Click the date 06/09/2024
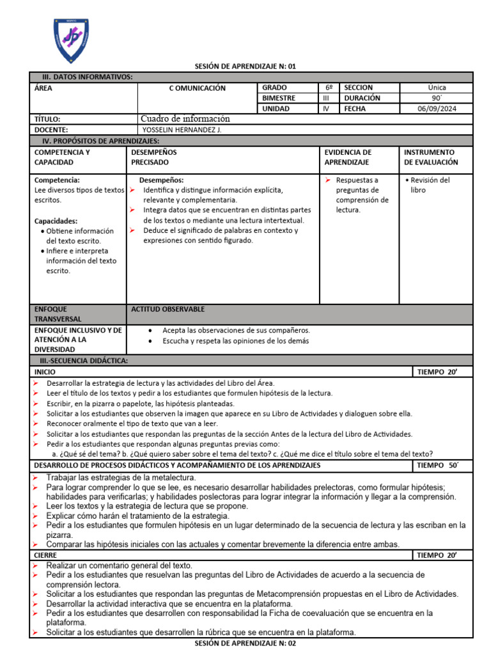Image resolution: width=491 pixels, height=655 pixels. [x=437, y=109]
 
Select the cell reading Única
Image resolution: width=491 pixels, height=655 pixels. [x=437, y=88]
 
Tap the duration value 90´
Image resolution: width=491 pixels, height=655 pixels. [x=437, y=99]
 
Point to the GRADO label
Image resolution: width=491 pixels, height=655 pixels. [x=275, y=88]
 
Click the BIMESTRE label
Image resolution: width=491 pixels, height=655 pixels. [x=279, y=99]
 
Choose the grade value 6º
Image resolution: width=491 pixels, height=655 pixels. [x=329, y=88]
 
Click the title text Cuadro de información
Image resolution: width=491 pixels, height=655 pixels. [x=185, y=119]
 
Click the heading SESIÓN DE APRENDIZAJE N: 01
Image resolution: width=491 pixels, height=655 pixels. [x=245, y=66]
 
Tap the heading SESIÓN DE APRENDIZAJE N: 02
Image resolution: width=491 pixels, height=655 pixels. [x=245, y=643]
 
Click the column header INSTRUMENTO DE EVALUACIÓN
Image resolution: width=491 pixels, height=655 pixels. [x=431, y=157]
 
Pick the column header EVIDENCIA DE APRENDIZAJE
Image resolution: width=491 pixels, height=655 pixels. [x=348, y=157]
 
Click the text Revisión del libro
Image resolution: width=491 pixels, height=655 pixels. [x=430, y=185]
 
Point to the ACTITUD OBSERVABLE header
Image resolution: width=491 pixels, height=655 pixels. [x=168, y=309]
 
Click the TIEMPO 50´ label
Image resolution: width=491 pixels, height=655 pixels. [x=437, y=465]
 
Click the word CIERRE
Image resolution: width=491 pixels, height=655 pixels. [x=45, y=556]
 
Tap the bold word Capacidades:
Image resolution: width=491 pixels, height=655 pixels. [x=56, y=221]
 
